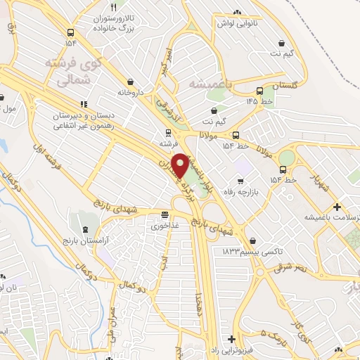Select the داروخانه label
coord(130,92)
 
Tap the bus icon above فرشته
coord(167,131)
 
